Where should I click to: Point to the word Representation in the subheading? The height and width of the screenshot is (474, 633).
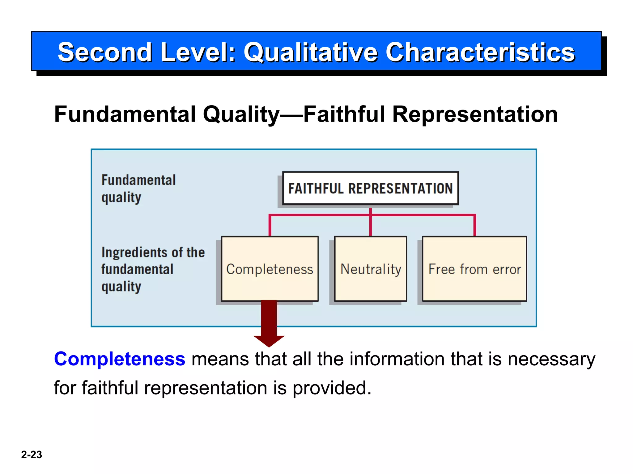pyautogui.click(x=475, y=114)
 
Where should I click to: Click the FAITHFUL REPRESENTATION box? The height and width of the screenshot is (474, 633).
pyautogui.click(x=370, y=188)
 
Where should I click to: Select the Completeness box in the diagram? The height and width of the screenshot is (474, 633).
pyautogui.click(x=270, y=269)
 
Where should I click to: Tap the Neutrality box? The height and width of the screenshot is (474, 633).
pyautogui.click(x=370, y=269)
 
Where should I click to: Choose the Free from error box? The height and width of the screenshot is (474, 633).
pyautogui.click(x=474, y=269)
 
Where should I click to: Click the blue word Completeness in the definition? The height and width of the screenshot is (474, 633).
pyautogui.click(x=120, y=359)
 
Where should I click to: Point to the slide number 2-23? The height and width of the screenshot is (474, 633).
pyautogui.click(x=32, y=455)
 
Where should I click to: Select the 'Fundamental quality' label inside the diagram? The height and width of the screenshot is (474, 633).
pyautogui.click(x=138, y=189)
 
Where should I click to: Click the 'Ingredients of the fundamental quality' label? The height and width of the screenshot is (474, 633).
pyautogui.click(x=153, y=269)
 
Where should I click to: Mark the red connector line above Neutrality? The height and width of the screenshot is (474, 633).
pyautogui.click(x=370, y=224)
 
